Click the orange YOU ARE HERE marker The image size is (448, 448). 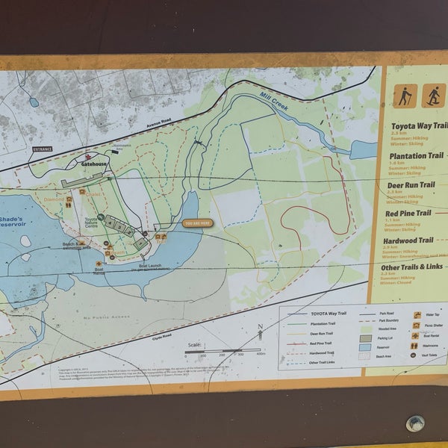coord(198,223)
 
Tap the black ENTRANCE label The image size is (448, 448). coord(43,149)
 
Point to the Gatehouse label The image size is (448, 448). coord(95,163)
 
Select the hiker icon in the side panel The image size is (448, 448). coord(405,96)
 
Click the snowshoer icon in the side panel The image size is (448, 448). coord(433,96)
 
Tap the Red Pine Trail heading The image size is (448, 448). coord(408,213)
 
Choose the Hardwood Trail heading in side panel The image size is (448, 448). coord(408,241)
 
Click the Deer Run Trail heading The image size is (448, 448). coord(411,184)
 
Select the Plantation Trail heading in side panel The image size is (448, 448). coord(417,156)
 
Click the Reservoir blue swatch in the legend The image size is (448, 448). coord(366,347)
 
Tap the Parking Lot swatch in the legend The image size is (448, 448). coord(366,337)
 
